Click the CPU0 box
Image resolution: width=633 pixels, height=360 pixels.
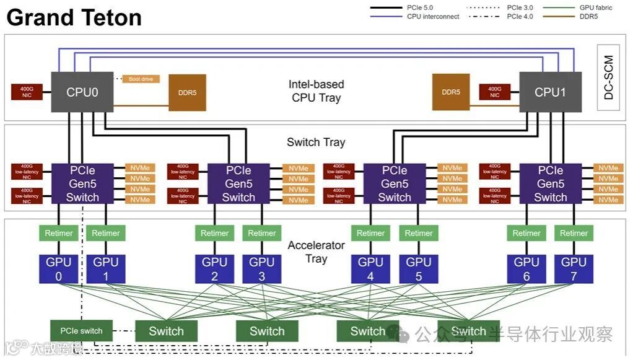point(82,92)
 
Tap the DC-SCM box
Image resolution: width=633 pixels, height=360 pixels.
point(608,78)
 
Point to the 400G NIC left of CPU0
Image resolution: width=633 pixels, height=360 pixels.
point(27,92)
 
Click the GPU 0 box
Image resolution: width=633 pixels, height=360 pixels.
point(59,268)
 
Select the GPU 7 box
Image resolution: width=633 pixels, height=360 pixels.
point(574,268)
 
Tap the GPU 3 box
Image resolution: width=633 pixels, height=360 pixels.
point(261,268)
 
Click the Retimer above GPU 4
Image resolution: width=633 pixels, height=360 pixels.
point(370,233)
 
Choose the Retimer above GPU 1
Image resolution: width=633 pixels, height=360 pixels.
point(106,233)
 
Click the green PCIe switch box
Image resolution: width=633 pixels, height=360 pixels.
point(82,331)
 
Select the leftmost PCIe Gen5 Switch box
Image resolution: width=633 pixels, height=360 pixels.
point(82,183)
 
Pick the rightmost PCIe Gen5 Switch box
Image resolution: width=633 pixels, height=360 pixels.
point(550,183)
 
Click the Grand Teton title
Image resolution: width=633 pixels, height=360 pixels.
point(74,17)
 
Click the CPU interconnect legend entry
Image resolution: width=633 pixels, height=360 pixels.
point(415,17)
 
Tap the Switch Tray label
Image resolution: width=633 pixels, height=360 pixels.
point(316,142)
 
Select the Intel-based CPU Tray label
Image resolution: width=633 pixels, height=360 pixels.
point(316,90)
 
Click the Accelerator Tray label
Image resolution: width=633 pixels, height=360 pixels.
point(316,252)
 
